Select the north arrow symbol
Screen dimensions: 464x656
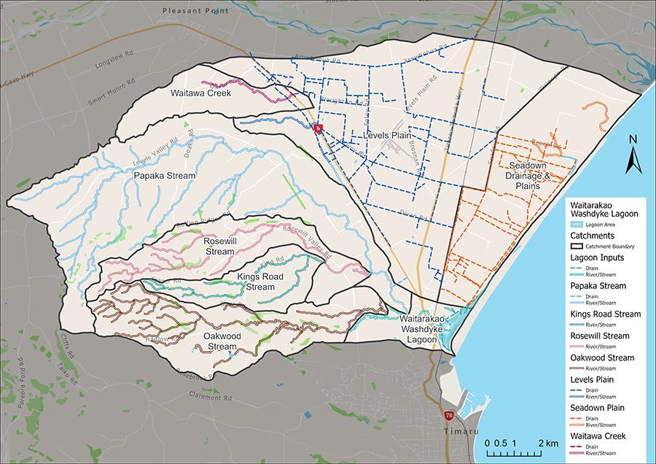click(633, 155)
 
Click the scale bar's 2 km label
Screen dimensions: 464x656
click(548, 443)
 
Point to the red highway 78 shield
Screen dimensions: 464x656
click(449, 415)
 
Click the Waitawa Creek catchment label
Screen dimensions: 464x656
click(200, 93)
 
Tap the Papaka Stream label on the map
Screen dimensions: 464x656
click(164, 176)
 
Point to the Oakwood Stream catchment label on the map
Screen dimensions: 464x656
click(209, 341)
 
